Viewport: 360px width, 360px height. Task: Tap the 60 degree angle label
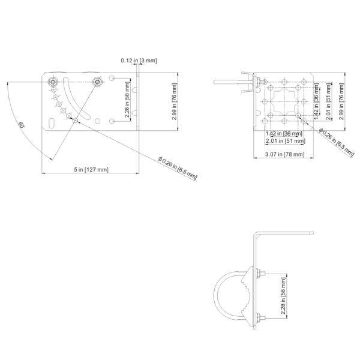point(22,125)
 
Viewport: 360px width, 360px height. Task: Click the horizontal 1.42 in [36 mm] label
point(279,134)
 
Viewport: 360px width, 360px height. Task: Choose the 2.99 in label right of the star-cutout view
point(341,100)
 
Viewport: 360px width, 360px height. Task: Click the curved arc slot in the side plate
point(85,100)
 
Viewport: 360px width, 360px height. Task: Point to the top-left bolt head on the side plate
point(55,80)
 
